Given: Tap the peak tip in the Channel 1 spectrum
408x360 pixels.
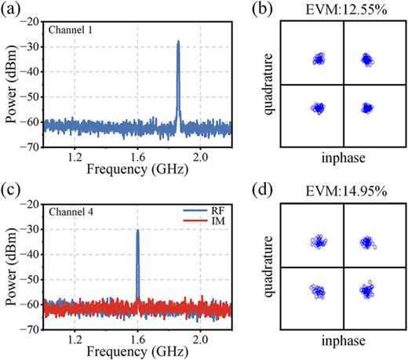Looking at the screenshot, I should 178,42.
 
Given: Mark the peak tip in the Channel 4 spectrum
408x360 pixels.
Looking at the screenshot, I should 138,231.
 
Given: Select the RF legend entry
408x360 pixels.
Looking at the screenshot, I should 210,213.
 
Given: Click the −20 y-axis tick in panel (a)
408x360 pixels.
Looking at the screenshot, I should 31,23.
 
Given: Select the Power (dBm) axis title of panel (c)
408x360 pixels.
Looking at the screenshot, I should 11,267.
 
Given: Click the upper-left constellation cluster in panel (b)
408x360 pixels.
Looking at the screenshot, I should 319,59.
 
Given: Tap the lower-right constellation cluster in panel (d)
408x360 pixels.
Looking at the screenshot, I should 366,291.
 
